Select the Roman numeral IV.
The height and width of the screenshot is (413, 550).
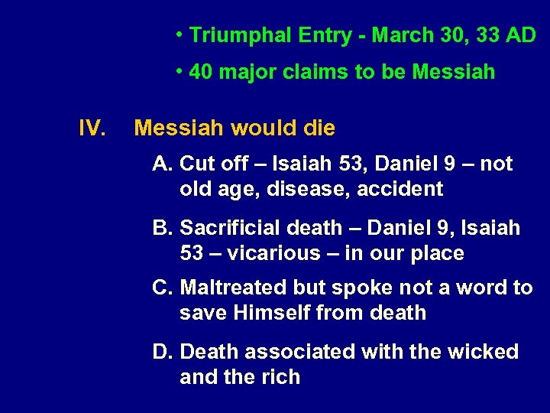(x=92, y=128)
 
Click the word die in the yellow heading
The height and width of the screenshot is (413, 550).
(x=318, y=128)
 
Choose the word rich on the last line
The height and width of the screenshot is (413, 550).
(x=279, y=377)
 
